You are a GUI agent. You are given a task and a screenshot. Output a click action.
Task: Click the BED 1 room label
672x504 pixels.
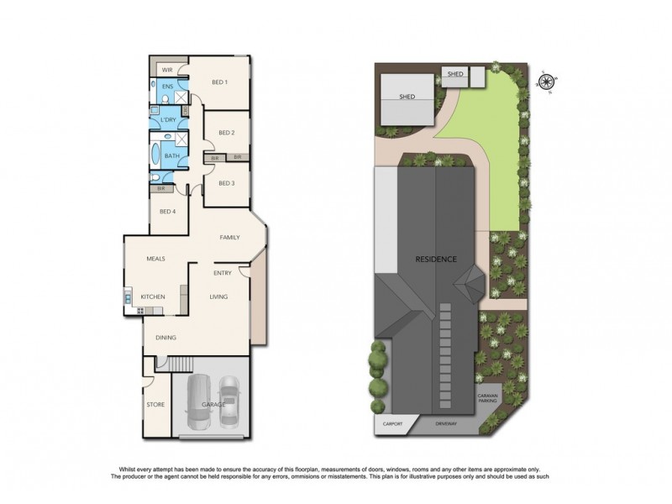point(219,81)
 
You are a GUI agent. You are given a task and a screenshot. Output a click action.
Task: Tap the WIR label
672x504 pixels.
point(166,69)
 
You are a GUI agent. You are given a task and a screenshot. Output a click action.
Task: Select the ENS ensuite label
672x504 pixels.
point(167,86)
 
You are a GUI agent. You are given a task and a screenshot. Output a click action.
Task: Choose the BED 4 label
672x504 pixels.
point(168,211)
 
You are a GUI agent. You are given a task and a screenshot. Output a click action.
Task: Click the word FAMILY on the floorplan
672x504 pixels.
point(230,238)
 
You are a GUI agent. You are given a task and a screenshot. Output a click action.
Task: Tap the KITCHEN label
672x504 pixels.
point(152,297)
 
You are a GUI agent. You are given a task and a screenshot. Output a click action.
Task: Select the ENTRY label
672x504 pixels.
point(223,273)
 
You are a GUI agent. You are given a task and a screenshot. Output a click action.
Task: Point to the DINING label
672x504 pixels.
point(165,338)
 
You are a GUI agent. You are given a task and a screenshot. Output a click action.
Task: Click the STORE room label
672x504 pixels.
point(155,404)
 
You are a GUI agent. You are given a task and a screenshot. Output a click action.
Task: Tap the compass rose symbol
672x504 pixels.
point(546,81)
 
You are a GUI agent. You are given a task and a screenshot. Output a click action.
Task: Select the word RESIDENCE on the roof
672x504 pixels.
point(436,259)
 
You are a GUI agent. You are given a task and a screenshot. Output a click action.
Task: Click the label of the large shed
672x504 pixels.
point(407,97)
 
